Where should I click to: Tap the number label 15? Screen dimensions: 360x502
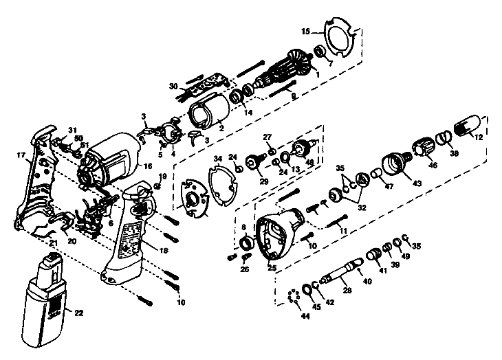pos(306,31)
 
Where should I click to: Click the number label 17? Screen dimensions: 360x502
pos(21,156)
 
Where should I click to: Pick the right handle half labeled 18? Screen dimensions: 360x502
pos(131,234)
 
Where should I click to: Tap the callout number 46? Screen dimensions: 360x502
pos(432,166)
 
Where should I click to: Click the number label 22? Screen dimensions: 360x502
pos(79,313)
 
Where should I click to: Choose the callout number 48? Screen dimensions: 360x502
pos(310,162)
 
